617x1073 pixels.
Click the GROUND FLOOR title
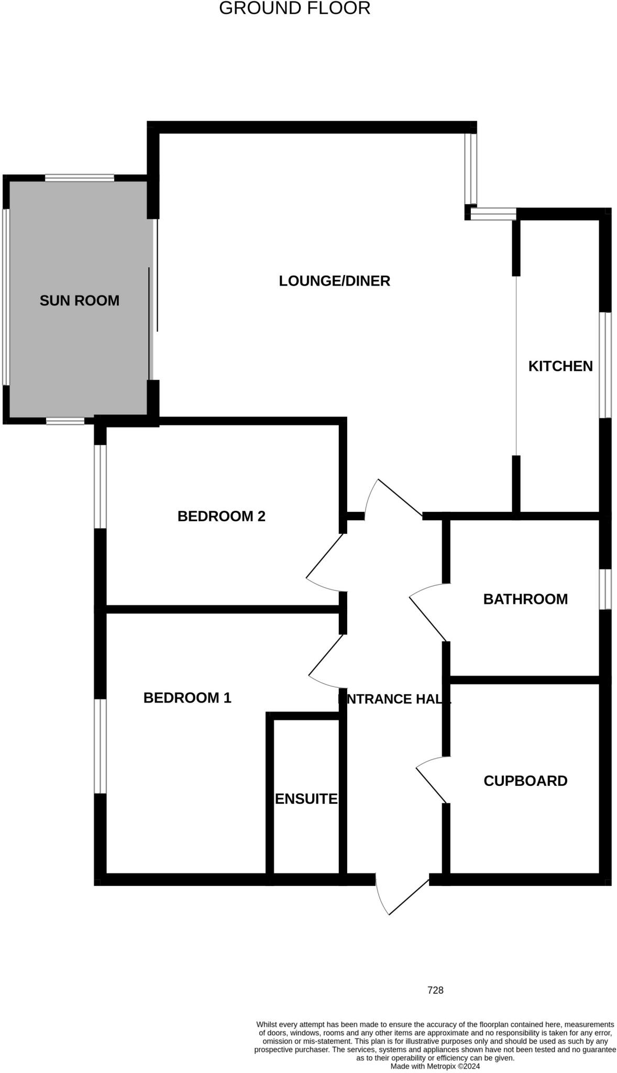294,8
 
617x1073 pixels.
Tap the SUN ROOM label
80,301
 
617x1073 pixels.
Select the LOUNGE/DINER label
334,281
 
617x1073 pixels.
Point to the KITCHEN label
560,366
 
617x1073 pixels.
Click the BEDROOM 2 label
221,517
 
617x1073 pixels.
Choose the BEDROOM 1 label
187,698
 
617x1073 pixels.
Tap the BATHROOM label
525,599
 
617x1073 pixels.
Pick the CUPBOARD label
525,781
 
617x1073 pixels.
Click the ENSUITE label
306,799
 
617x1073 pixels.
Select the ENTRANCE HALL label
394,699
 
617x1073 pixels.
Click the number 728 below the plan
435,990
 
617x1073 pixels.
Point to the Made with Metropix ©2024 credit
435,1066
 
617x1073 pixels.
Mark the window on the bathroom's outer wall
605,589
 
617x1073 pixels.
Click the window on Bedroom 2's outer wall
100,486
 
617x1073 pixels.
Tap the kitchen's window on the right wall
605,365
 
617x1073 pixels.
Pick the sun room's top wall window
79,178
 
